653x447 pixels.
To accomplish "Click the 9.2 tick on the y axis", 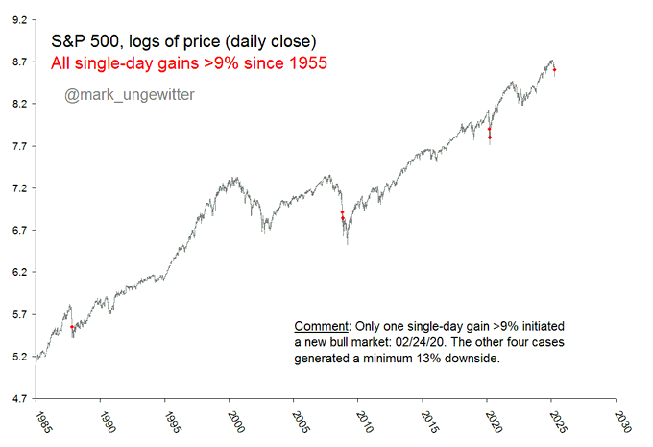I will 19,19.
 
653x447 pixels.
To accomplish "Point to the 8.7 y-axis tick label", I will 19,62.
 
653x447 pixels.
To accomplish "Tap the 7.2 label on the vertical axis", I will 19,188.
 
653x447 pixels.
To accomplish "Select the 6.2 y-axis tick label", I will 19,273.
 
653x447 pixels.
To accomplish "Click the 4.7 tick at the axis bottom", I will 19,399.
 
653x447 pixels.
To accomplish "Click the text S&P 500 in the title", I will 82,40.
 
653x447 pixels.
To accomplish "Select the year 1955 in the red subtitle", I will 305,64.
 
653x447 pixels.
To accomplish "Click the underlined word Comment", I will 319,326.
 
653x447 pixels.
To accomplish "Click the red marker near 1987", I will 72,328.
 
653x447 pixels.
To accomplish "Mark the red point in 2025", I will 555,70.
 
